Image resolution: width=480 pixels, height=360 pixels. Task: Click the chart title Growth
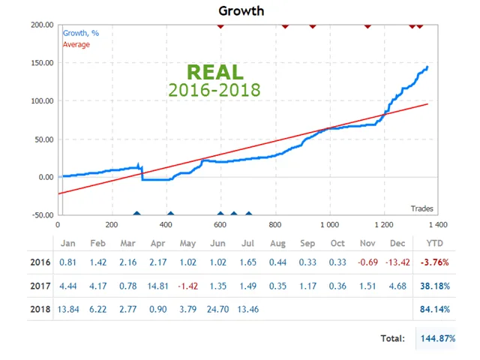[x=241, y=10]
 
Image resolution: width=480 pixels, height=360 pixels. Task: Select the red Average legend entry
[x=76, y=44]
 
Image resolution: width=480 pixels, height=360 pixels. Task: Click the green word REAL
[x=214, y=73]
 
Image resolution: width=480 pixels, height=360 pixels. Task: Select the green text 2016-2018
[x=214, y=90]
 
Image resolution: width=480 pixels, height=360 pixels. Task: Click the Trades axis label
[x=421, y=208]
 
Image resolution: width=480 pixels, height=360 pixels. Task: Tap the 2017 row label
[x=40, y=286]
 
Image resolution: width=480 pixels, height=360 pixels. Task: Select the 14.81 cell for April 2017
[x=157, y=286]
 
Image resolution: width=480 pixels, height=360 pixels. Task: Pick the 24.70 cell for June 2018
[x=218, y=309]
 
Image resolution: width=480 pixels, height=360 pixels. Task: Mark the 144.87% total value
[x=437, y=338]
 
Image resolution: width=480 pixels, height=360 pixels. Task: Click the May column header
[x=187, y=243]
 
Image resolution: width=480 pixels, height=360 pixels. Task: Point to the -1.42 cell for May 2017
[x=187, y=286]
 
